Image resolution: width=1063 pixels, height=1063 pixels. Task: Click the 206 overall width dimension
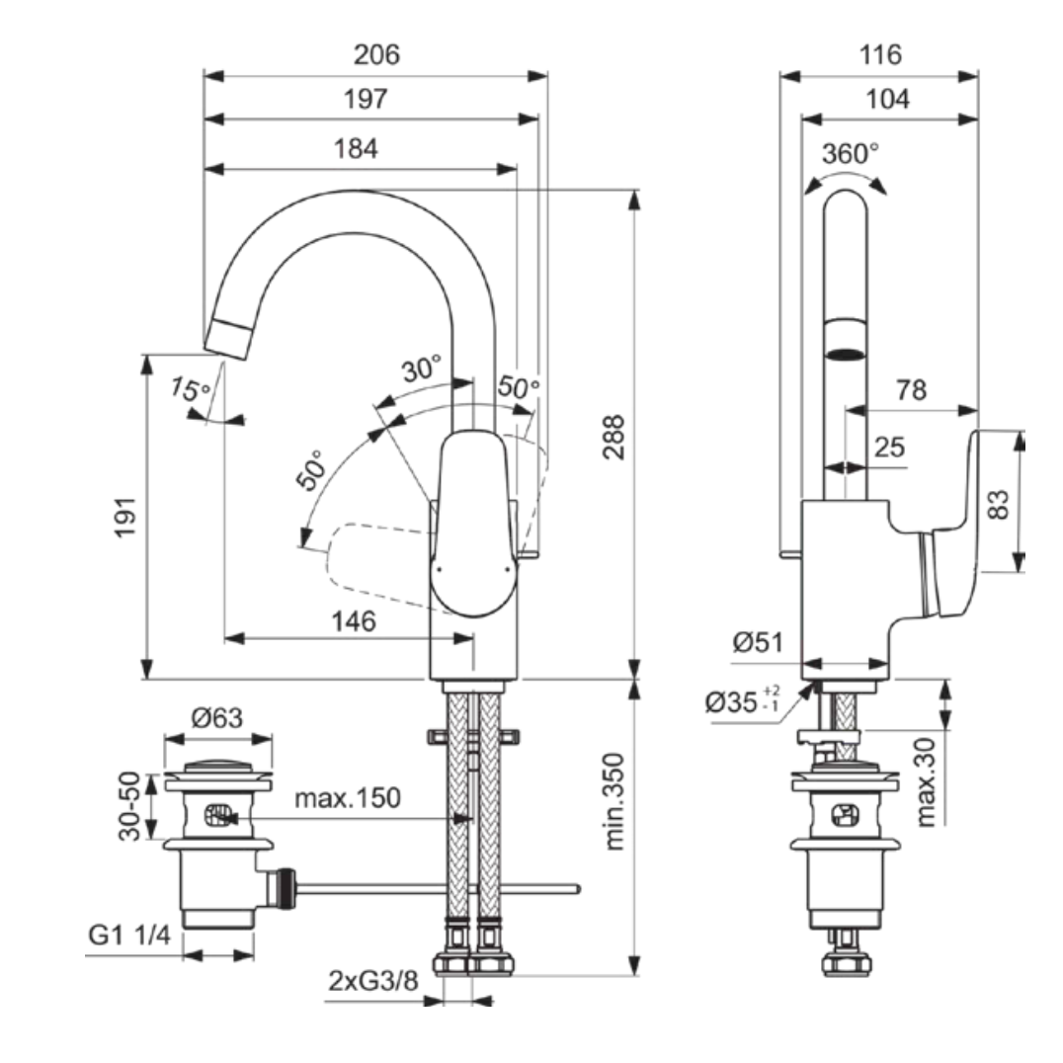377,55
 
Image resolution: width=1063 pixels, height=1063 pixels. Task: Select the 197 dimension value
367,100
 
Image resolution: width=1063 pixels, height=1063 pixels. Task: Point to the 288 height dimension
613,434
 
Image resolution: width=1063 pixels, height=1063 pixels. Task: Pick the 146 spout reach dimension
353,621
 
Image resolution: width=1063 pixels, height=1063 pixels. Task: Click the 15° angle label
190,388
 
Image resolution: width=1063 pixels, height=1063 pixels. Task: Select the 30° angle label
422,369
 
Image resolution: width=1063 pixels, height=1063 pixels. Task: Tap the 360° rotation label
850,153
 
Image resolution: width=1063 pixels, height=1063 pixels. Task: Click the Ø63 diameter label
216,718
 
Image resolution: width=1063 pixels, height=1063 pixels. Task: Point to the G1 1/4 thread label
129,935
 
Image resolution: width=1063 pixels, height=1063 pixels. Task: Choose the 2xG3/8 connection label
371,981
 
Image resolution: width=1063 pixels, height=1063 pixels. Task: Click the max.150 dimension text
348,798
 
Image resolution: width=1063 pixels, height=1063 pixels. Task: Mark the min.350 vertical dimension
613,801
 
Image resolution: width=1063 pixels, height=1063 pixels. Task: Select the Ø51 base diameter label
758,643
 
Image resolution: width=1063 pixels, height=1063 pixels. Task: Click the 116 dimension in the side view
879,55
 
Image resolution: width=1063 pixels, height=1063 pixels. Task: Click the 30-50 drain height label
130,807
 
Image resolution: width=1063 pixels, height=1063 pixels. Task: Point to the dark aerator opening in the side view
846,353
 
